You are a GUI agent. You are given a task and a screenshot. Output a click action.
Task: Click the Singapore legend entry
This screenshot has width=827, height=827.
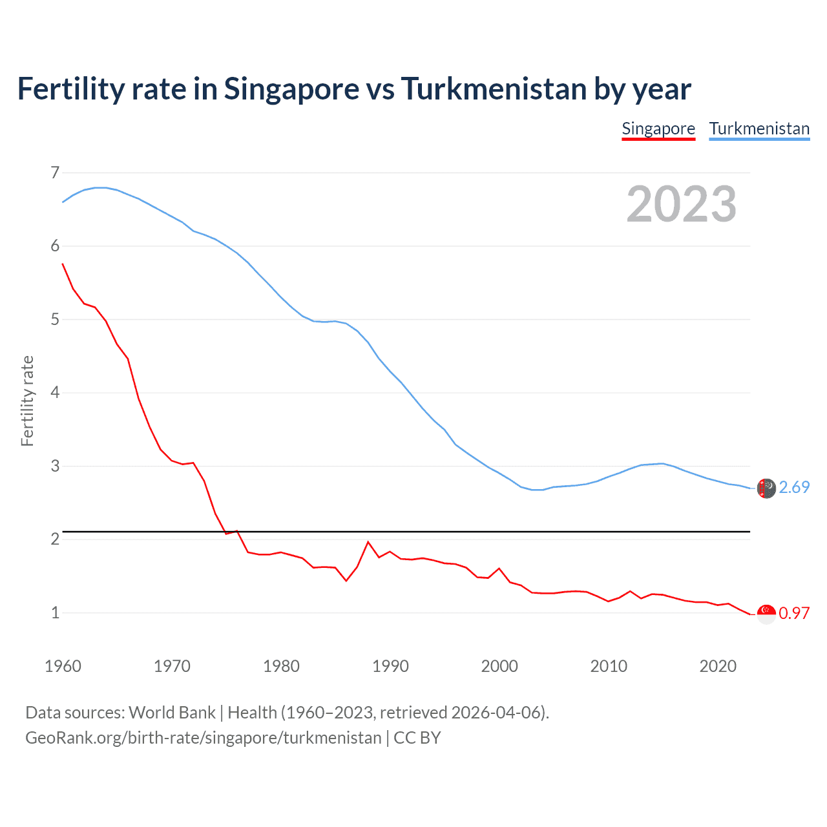click(658, 129)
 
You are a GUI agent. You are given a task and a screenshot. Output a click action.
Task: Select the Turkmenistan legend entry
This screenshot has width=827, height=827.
click(759, 129)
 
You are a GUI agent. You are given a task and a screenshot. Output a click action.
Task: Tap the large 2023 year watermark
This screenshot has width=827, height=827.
click(682, 204)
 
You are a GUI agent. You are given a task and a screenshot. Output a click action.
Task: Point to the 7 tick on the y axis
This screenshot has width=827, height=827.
click(55, 173)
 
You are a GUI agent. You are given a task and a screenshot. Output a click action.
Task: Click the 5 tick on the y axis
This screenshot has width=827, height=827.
click(55, 319)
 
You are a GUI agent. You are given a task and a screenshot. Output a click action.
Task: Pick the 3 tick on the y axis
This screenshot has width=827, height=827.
click(55, 466)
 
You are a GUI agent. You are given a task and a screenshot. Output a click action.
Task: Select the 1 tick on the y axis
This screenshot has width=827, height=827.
click(55, 612)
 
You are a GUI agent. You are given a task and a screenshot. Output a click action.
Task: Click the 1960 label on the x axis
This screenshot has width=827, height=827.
click(63, 666)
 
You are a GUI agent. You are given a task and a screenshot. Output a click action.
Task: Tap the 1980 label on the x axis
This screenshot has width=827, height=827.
click(281, 666)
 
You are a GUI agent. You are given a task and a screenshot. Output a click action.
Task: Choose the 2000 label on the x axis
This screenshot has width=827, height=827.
click(499, 666)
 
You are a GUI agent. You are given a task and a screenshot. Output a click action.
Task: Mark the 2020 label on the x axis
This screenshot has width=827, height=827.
click(718, 666)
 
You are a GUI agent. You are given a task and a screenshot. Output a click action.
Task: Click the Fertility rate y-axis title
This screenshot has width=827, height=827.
click(27, 401)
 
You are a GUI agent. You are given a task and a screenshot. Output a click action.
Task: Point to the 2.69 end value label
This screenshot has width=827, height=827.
click(794, 488)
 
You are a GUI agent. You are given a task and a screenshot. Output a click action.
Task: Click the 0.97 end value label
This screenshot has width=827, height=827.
click(794, 613)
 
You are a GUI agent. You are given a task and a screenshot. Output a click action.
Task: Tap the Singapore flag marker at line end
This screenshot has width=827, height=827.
click(766, 614)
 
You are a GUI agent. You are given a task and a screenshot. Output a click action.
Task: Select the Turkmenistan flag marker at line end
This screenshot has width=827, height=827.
click(766, 488)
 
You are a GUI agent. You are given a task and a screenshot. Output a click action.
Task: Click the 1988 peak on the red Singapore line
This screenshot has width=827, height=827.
click(368, 542)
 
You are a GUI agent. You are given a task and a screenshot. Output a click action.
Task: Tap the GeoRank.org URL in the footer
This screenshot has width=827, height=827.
click(204, 738)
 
